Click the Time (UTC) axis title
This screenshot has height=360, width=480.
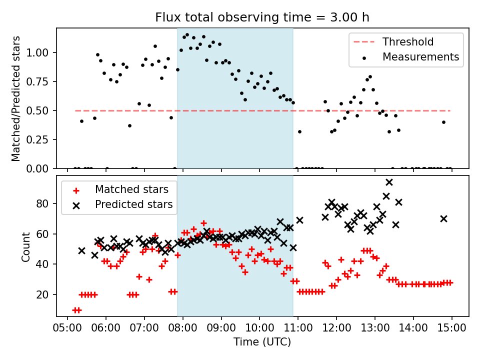click(x=262, y=343)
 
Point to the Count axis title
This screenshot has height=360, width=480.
click(x=26, y=246)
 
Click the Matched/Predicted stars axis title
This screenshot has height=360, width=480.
click(x=16, y=98)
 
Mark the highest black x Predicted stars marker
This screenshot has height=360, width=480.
click(x=389, y=182)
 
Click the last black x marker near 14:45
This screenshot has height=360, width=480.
click(x=443, y=218)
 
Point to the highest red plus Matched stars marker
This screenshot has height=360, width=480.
click(x=203, y=223)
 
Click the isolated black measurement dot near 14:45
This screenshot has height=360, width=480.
click(x=443, y=122)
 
